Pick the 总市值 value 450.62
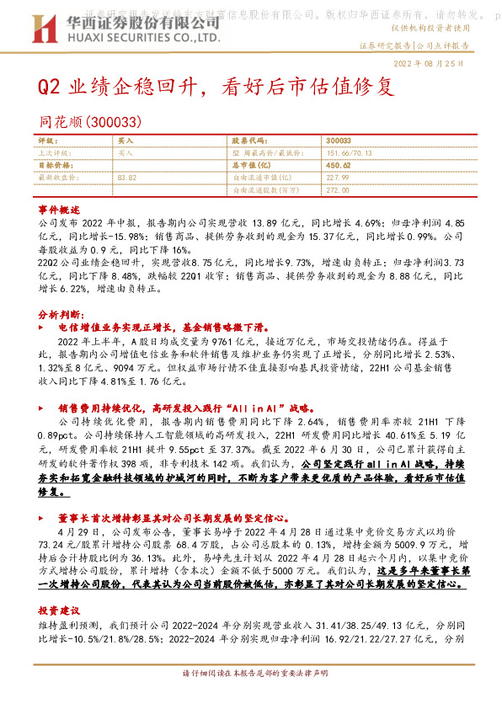pos(337,166)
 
